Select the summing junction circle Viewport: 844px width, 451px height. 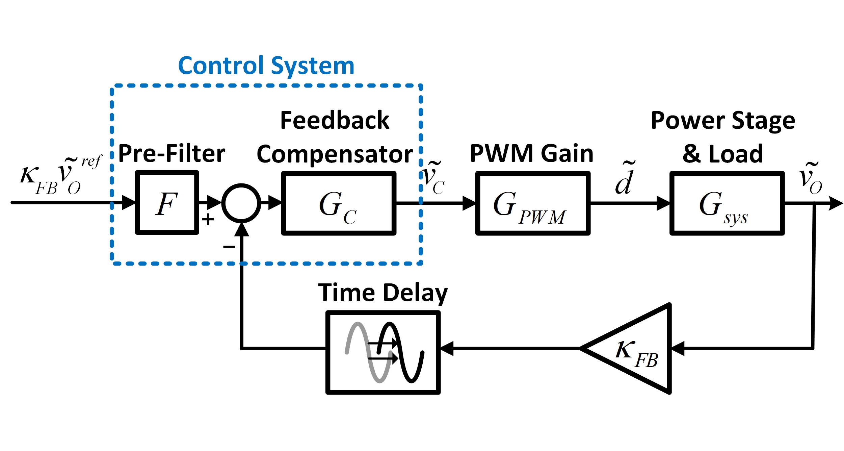[x=241, y=203]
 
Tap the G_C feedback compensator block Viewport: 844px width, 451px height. [x=339, y=203]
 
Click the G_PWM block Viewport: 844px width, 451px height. [x=532, y=203]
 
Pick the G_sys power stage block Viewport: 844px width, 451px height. [x=727, y=203]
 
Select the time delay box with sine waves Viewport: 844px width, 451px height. [x=383, y=352]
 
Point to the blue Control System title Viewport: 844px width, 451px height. [x=266, y=66]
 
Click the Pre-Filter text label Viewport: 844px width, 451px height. [x=172, y=154]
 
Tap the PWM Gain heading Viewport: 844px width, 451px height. [x=531, y=154]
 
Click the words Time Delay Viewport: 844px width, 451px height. [x=383, y=293]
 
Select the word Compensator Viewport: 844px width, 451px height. [x=335, y=154]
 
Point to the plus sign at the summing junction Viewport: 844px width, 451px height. [x=208, y=220]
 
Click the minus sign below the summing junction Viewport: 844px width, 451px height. [x=229, y=247]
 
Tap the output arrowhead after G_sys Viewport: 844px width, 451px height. [x=835, y=203]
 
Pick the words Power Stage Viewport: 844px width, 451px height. [x=723, y=121]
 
